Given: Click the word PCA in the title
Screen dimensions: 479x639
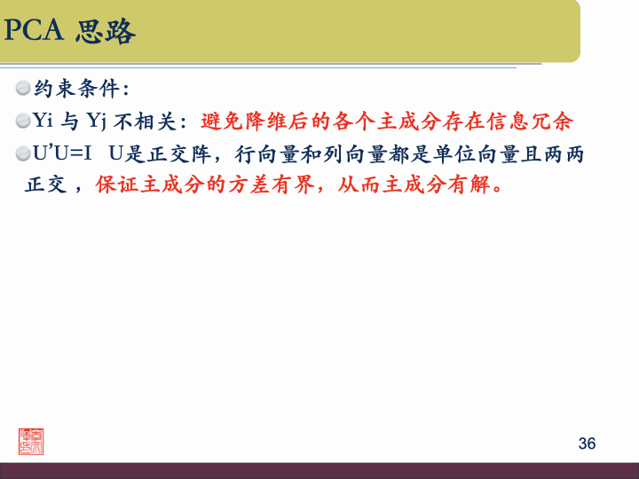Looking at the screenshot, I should [x=35, y=32].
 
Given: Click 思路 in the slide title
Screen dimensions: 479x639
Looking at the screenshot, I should [x=106, y=32].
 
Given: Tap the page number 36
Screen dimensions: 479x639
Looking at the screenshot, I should [x=587, y=444].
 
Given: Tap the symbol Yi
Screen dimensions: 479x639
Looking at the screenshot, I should [x=43, y=120].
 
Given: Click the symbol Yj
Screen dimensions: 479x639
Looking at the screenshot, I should [x=96, y=120].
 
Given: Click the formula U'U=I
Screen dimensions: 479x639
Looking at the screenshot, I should [x=63, y=153].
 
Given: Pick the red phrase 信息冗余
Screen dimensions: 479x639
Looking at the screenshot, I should [x=540, y=120].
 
